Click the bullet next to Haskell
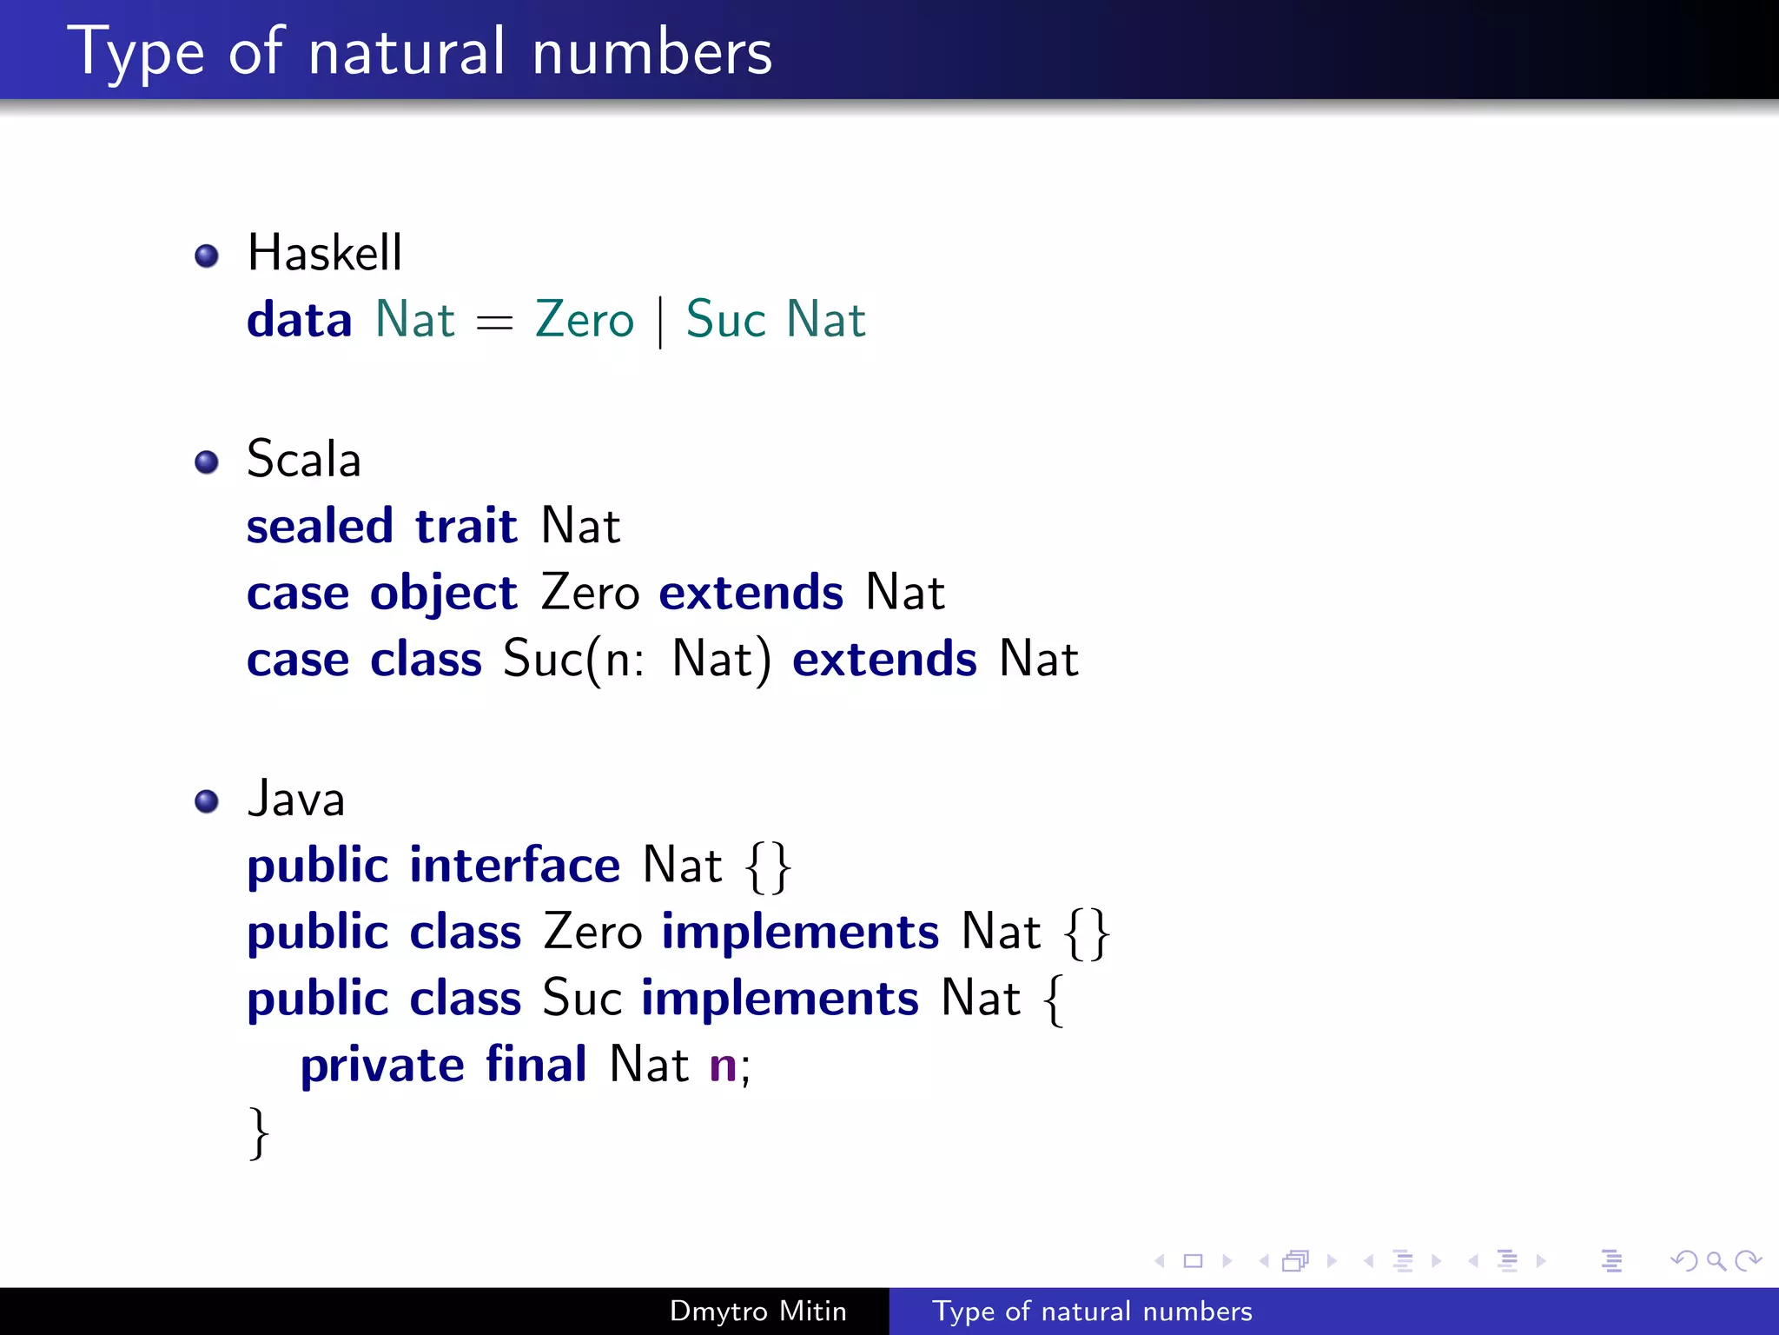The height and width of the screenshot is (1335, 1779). (x=207, y=256)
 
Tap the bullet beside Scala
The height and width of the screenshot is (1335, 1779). (x=207, y=462)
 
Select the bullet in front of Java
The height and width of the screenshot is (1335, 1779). (x=207, y=800)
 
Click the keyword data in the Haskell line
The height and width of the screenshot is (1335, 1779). (x=299, y=320)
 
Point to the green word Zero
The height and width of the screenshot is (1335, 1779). (x=585, y=320)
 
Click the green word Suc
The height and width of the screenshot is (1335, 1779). (x=725, y=320)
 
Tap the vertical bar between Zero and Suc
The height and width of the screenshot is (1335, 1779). (x=661, y=322)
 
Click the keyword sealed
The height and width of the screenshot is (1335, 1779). (x=320, y=526)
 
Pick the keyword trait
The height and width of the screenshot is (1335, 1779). (x=466, y=526)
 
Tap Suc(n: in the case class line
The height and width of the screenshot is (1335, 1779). (x=573, y=660)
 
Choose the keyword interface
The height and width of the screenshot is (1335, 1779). (x=514, y=866)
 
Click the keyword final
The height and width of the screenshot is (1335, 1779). (x=536, y=1065)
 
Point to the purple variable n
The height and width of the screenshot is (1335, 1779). (x=723, y=1066)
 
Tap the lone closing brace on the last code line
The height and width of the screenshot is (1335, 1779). (x=258, y=1132)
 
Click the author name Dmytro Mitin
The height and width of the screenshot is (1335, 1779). (x=757, y=1311)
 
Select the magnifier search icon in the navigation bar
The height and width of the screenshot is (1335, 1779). (x=1716, y=1260)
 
